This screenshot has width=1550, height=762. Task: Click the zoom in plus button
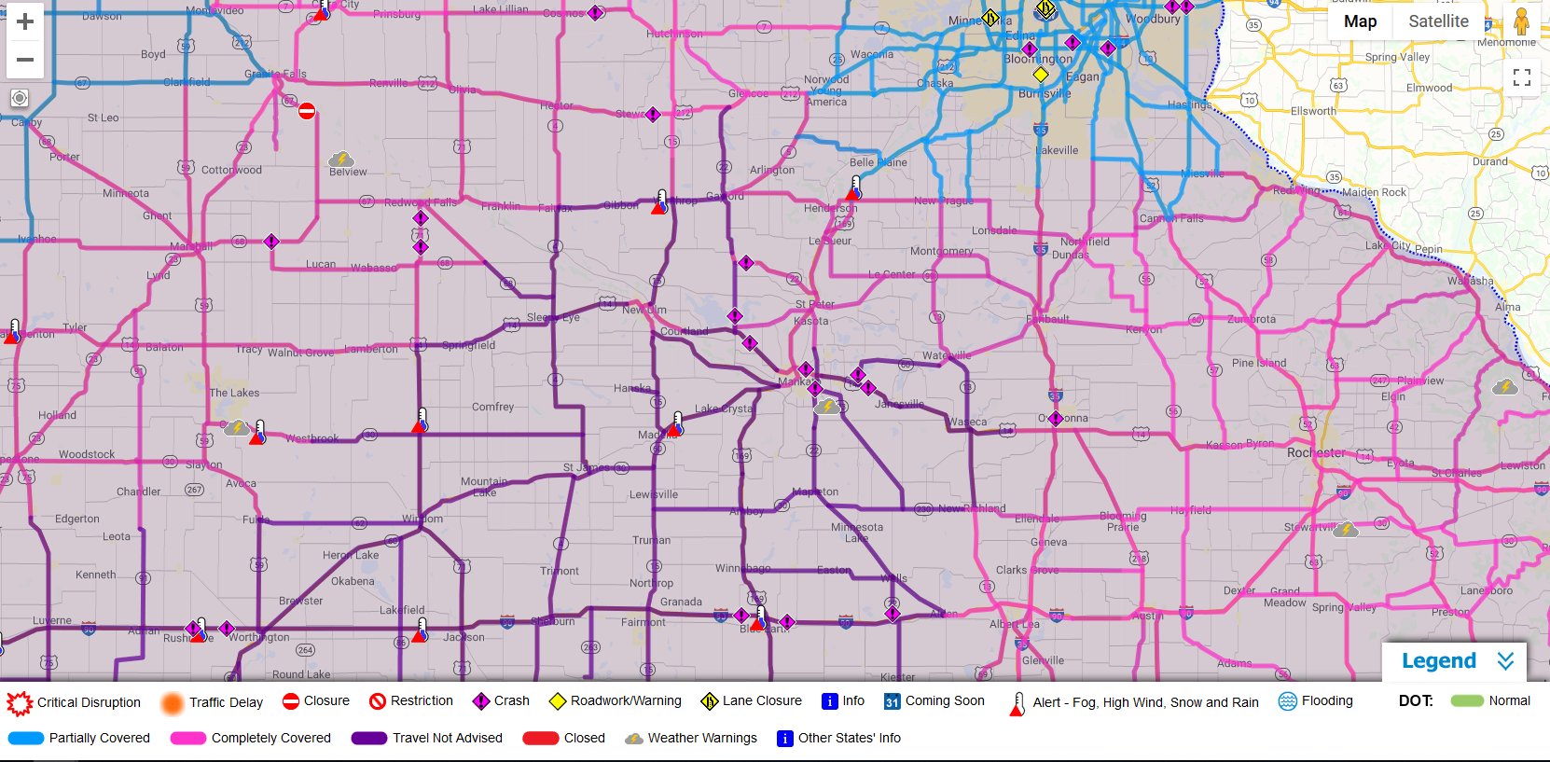pyautogui.click(x=25, y=21)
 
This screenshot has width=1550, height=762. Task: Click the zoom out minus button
pyautogui.click(x=25, y=60)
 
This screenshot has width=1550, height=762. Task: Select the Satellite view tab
pyautogui.click(x=1438, y=21)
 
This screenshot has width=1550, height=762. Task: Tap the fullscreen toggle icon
pyautogui.click(x=1522, y=77)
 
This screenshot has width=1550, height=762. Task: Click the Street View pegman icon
pyautogui.click(x=1521, y=21)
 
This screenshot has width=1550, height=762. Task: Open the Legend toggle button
pyautogui.click(x=1454, y=661)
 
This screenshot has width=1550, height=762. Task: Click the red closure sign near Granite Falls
pyautogui.click(x=307, y=111)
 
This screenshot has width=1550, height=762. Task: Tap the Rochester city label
pyautogui.click(x=1316, y=452)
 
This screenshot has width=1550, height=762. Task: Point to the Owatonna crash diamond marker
pyautogui.click(x=1056, y=419)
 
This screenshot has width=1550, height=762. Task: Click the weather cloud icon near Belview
pyautogui.click(x=341, y=159)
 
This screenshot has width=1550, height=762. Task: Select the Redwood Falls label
pyautogui.click(x=421, y=202)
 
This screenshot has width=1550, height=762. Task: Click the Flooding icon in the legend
pyautogui.click(x=1288, y=701)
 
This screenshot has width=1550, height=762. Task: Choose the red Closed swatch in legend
pyautogui.click(x=540, y=738)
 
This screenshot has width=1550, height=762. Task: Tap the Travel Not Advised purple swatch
pyautogui.click(x=368, y=738)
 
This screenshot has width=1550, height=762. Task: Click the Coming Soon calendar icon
pyautogui.click(x=892, y=701)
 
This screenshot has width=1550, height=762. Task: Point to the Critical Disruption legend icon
pyautogui.click(x=19, y=702)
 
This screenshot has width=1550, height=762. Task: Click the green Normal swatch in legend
pyautogui.click(x=1467, y=701)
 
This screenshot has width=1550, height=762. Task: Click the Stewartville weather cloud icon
pyautogui.click(x=1346, y=530)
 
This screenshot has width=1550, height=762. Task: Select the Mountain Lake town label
pyautogui.click(x=484, y=487)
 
